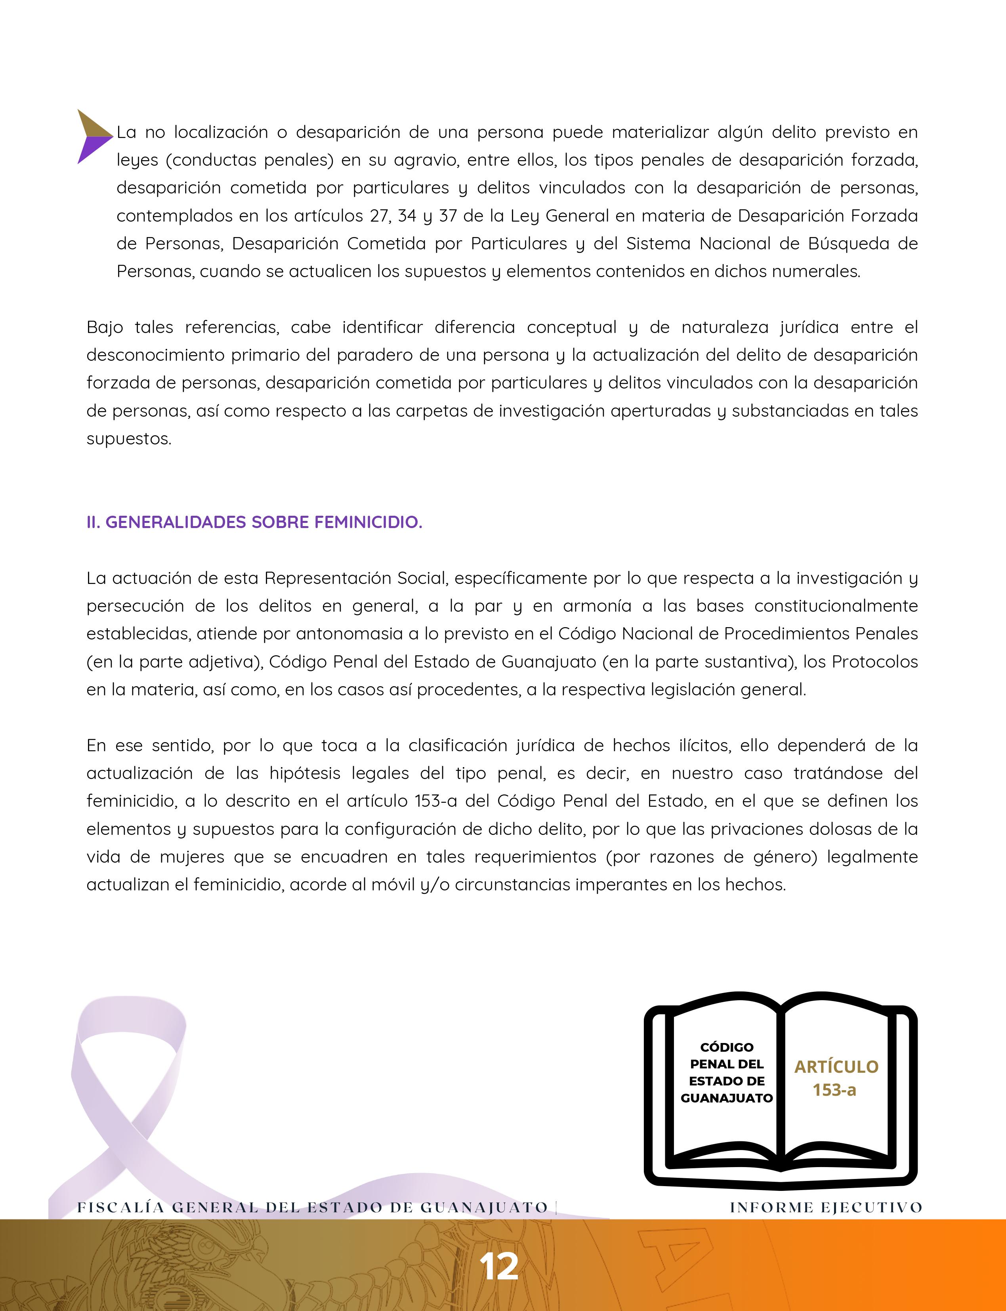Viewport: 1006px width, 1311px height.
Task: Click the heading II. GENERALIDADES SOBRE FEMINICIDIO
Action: click(x=254, y=522)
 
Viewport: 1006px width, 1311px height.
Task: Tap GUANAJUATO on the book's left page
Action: click(x=726, y=1098)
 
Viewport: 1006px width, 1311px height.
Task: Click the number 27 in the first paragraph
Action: click(x=379, y=216)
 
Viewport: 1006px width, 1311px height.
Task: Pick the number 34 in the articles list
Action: click(x=407, y=216)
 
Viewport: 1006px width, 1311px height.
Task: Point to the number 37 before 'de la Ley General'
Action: click(x=449, y=216)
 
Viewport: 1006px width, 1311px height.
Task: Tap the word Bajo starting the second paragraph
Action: click(x=105, y=328)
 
